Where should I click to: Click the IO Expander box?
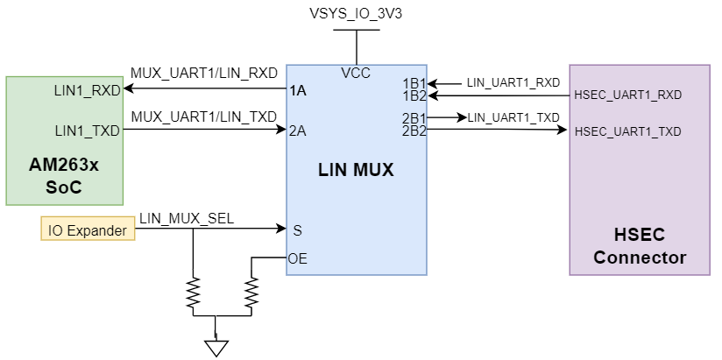click(88, 230)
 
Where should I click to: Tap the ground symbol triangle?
click(216, 347)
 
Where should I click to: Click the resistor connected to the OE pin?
click(252, 293)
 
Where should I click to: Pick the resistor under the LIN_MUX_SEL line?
click(193, 293)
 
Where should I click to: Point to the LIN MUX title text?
click(356, 171)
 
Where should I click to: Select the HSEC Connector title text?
click(640, 246)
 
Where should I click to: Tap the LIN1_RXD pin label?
click(88, 89)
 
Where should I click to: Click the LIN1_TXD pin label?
click(88, 131)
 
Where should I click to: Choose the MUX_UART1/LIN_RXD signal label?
click(203, 73)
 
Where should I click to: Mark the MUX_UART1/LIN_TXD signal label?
click(203, 116)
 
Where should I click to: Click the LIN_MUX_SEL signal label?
click(187, 218)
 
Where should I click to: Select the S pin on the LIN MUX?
click(297, 230)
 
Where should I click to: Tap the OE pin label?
click(298, 258)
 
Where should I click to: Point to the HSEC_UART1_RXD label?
click(627, 95)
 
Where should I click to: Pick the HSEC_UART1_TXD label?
click(627, 131)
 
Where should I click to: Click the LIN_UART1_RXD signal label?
click(513, 82)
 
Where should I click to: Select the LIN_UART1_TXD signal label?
click(513, 116)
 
